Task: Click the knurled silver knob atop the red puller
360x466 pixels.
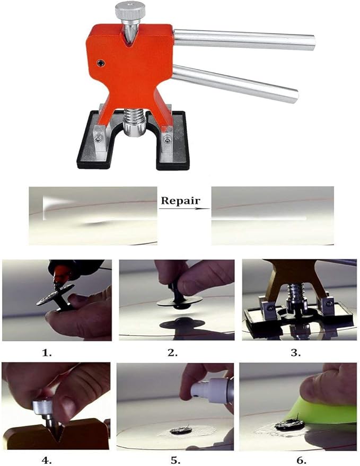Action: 130,10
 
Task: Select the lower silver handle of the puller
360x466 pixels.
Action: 235,84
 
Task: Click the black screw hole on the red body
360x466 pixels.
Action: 101,63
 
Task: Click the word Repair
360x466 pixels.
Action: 180,200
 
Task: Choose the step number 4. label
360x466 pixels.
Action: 46,460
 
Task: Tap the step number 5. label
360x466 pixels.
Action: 175,460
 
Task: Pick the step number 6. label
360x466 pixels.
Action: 301,460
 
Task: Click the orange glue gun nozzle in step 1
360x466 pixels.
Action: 61,276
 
